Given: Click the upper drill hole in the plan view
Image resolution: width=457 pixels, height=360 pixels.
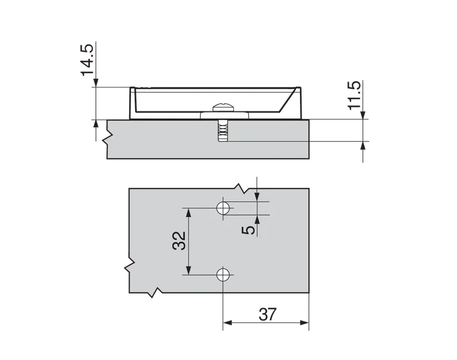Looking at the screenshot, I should pyautogui.click(x=223, y=208).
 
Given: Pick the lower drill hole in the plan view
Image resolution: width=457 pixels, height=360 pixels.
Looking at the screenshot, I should pyautogui.click(x=223, y=274).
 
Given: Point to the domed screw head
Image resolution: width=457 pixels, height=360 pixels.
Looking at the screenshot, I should pyautogui.click(x=223, y=108).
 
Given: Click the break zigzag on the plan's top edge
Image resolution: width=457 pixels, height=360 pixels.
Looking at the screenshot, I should pyautogui.click(x=241, y=187).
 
